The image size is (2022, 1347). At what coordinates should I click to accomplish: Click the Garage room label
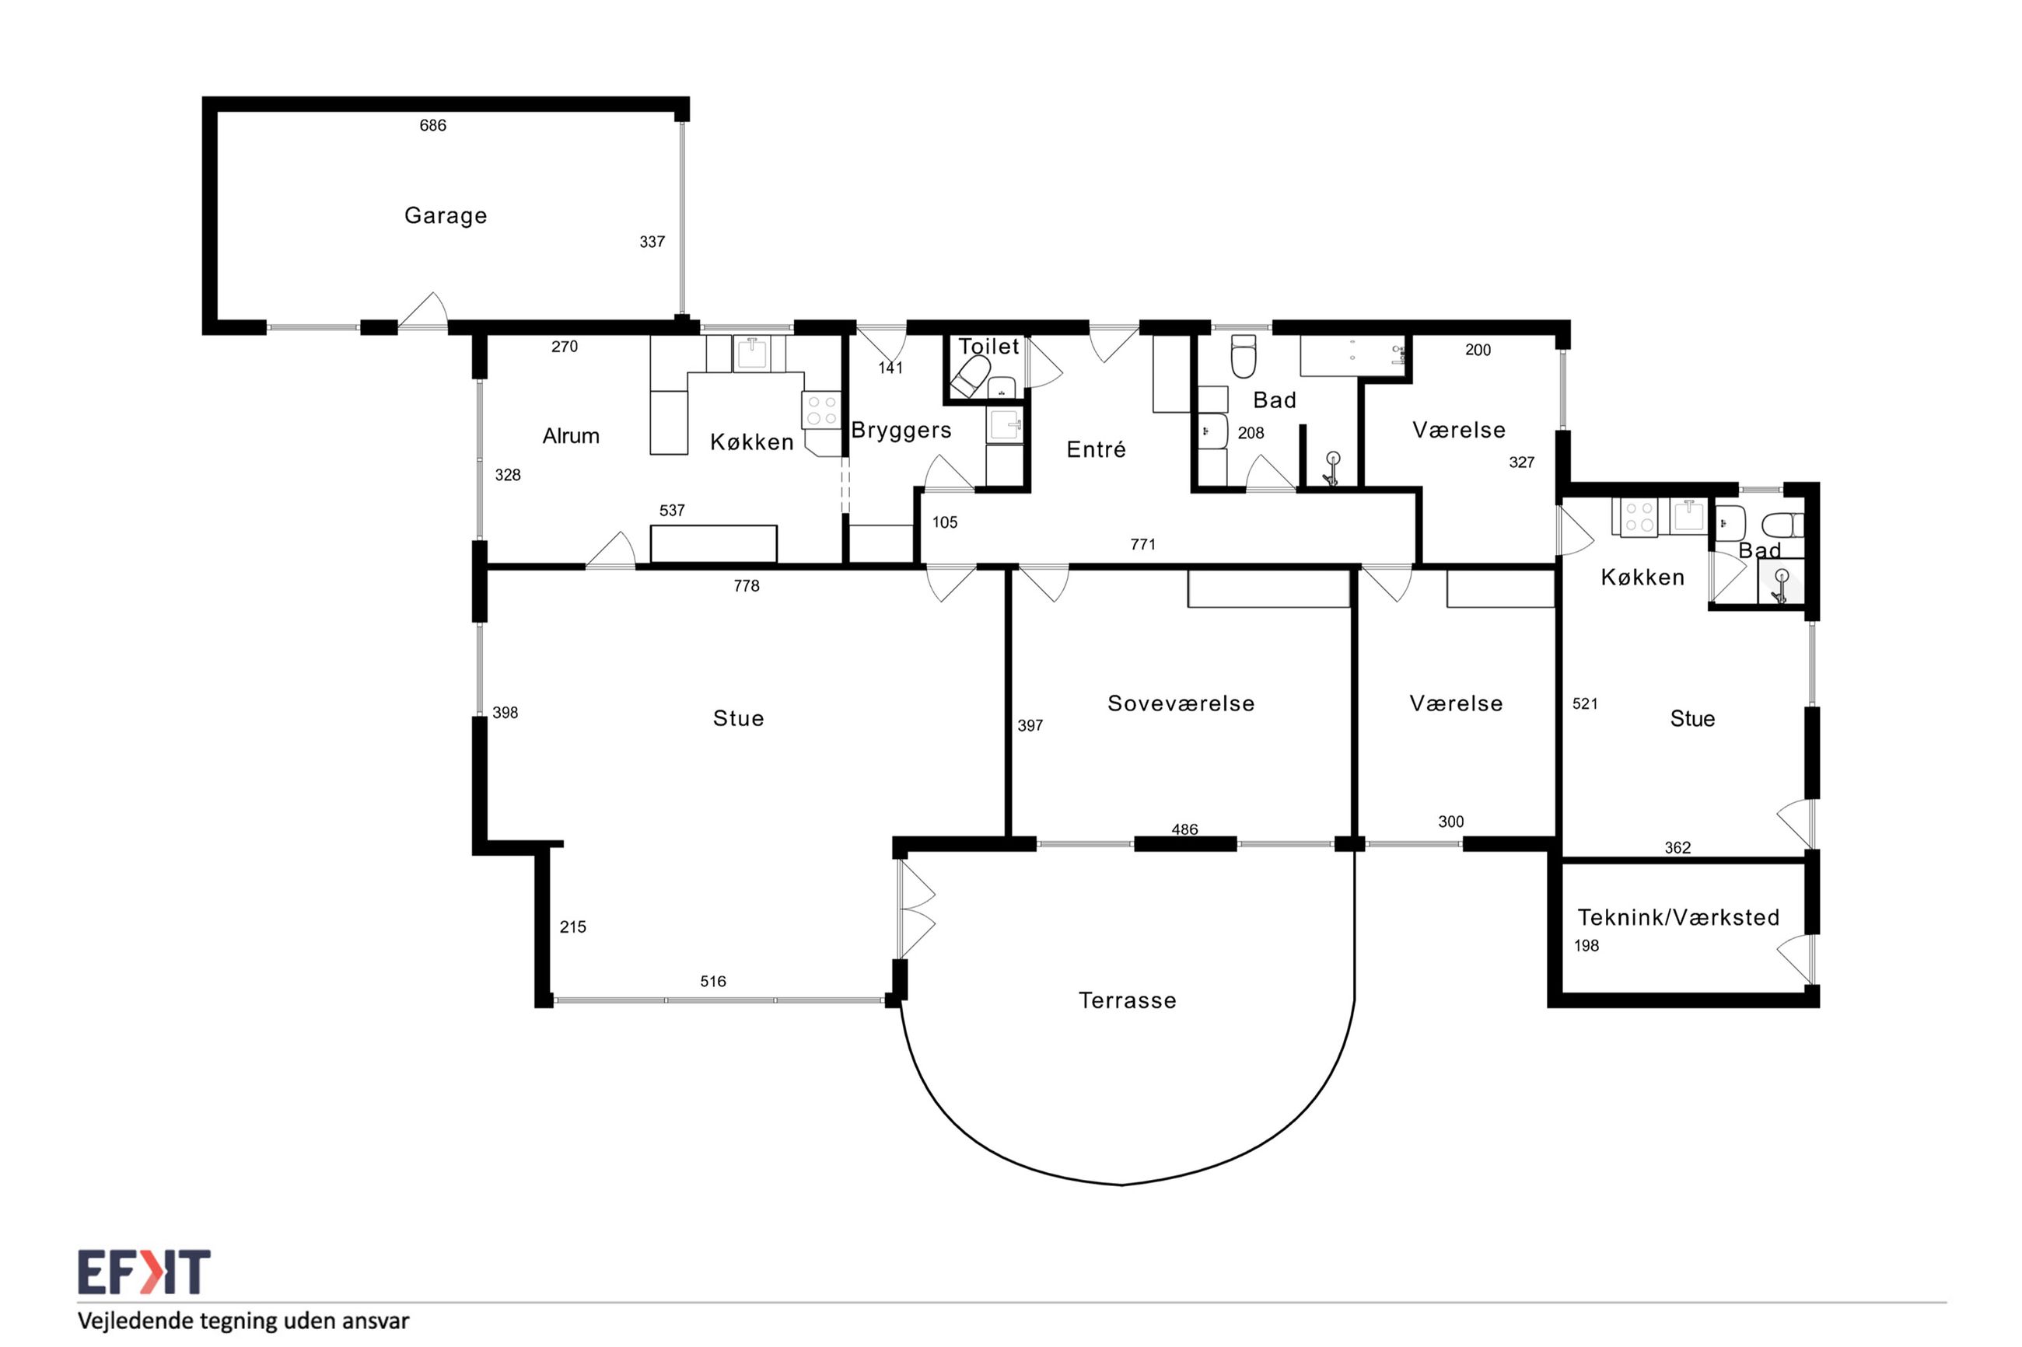point(445,215)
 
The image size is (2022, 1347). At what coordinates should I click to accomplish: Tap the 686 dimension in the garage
point(432,125)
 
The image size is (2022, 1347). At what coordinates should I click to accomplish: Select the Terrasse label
point(1127,1000)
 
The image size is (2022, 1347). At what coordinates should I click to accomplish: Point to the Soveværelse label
point(1181,703)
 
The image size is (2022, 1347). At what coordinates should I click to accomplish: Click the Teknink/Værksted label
point(1678,917)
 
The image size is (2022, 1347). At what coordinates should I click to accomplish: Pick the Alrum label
point(571,435)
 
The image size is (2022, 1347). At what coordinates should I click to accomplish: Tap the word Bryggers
point(901,431)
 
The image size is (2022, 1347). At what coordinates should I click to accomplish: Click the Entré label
point(1096,448)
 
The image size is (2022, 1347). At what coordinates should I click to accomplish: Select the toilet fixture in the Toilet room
point(971,378)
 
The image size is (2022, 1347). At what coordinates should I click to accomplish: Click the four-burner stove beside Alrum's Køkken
point(820,410)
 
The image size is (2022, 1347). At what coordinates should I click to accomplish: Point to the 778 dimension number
point(746,586)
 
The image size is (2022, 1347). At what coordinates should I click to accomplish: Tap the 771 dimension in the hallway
point(1142,545)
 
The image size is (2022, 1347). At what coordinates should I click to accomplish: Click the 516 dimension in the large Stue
point(712,981)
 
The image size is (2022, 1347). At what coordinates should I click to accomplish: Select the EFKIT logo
point(144,1272)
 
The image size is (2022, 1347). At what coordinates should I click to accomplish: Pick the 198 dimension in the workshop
point(1586,946)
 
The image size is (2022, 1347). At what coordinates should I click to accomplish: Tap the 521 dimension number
point(1585,704)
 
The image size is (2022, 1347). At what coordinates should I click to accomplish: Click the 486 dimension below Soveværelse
point(1184,830)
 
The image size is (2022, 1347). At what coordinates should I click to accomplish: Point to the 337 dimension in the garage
point(652,243)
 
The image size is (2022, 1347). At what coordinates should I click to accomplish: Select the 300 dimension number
point(1450,822)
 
